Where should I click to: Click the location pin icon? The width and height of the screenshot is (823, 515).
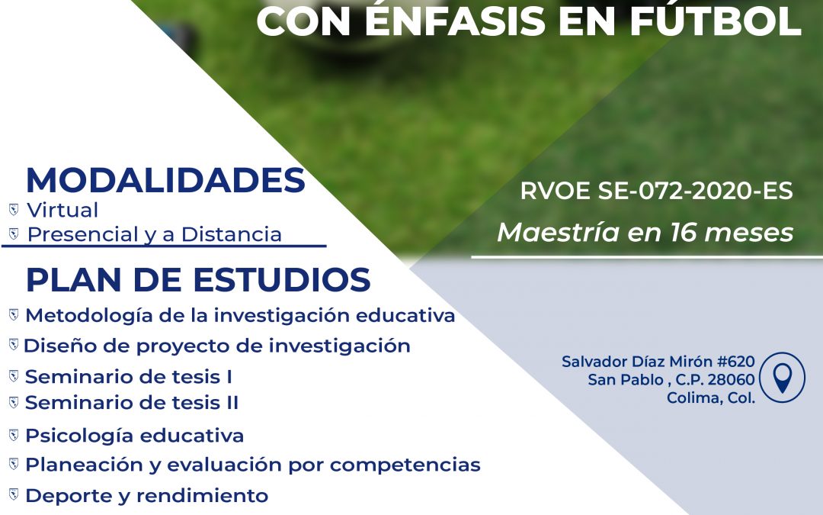[782, 378]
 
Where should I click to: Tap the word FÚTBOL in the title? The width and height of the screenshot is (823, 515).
[715, 21]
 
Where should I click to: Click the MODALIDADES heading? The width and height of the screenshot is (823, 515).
[165, 180]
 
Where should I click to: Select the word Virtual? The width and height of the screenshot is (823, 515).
[62, 211]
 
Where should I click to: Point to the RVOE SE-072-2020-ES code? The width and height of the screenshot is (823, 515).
[656, 191]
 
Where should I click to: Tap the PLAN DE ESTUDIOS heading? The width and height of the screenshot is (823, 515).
[198, 279]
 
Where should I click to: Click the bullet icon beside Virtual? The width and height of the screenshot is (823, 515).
[14, 210]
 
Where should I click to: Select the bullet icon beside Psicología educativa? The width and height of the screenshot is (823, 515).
[14, 435]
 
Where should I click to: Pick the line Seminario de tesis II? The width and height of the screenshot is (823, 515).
[132, 403]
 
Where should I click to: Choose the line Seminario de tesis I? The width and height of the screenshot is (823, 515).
[129, 377]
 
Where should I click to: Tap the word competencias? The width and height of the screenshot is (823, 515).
[405, 465]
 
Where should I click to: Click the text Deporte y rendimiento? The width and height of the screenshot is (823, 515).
[146, 496]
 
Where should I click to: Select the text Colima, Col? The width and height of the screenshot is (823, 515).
[711, 398]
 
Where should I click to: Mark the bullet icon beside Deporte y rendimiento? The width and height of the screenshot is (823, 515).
[14, 494]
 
